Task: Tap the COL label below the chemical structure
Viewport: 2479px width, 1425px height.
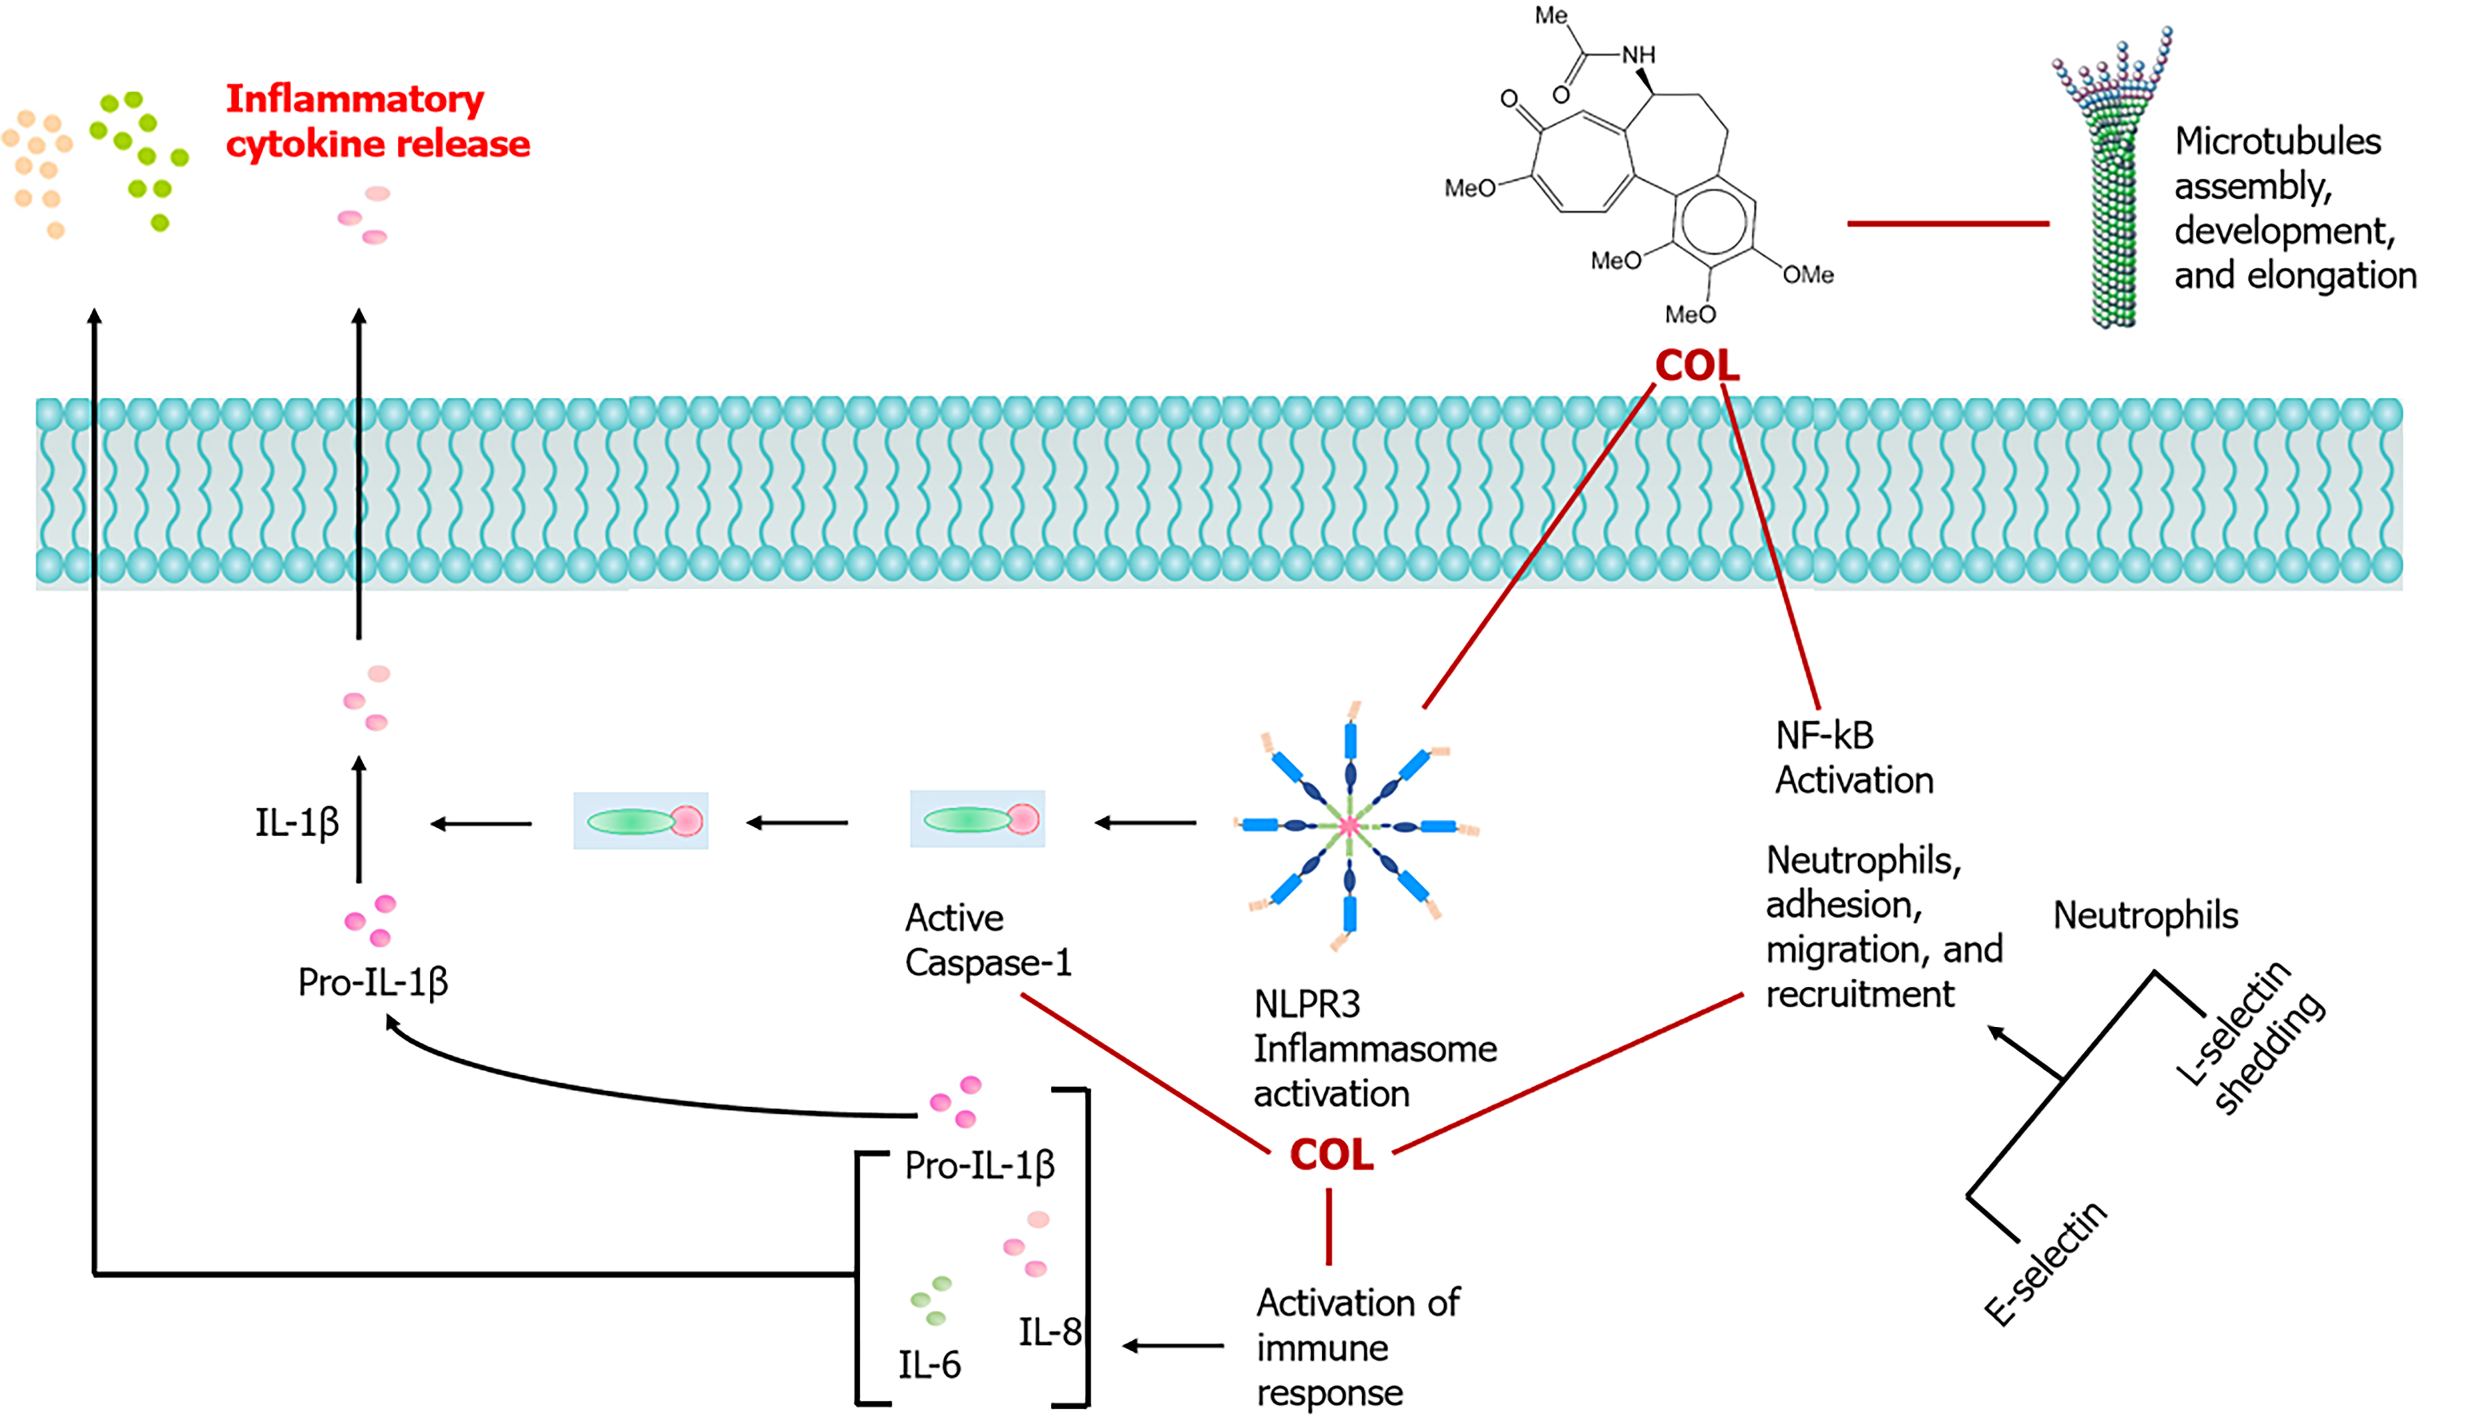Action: [1697, 366]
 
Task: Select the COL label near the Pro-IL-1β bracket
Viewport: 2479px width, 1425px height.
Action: [1332, 1155]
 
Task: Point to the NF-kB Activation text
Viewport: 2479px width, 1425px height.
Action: [1854, 757]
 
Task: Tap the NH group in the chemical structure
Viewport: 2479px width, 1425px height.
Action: [1638, 55]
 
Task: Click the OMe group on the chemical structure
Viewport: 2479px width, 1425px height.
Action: [1807, 275]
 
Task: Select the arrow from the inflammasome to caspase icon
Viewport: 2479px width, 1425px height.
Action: [1146, 823]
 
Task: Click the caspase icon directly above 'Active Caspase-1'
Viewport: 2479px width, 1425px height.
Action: [977, 819]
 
